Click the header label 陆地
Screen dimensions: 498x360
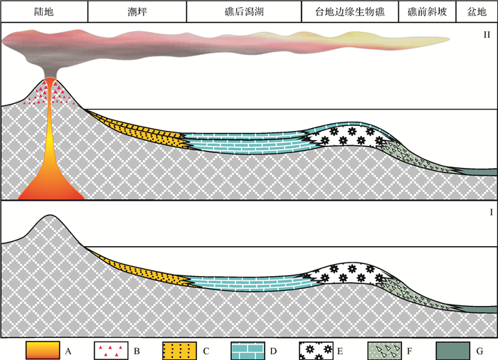tap(44, 11)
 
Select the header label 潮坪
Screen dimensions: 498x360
tap(137, 11)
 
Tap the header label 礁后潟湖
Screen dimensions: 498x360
tap(243, 11)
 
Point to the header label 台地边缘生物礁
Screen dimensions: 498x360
tap(349, 11)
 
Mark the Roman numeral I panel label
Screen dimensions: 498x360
tap(490, 213)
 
